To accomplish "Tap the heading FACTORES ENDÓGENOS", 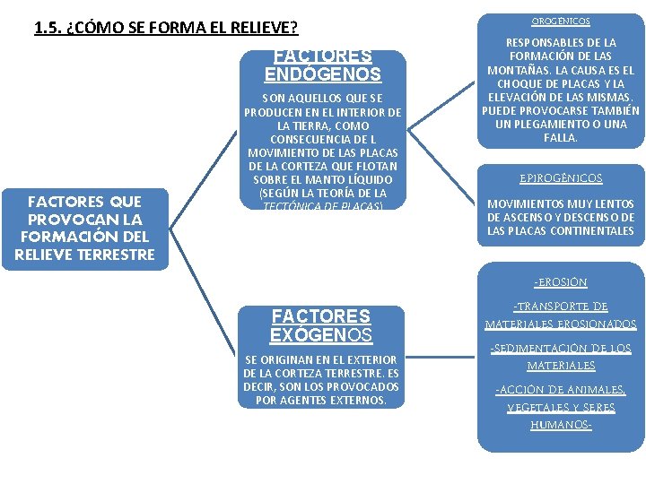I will (x=322, y=66).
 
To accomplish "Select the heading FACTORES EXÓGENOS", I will (x=321, y=326).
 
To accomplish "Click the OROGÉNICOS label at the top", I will (x=561, y=20).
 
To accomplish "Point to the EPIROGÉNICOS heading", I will (x=561, y=178).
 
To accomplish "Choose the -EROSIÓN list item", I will (x=561, y=282).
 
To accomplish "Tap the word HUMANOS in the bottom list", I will (x=560, y=424).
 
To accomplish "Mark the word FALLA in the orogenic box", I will (x=561, y=138).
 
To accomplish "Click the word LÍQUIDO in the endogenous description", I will (x=354, y=180).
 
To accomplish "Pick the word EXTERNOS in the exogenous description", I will (x=359, y=400).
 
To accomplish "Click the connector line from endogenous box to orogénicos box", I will (x=440, y=105).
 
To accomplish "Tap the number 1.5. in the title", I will (x=48, y=27).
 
